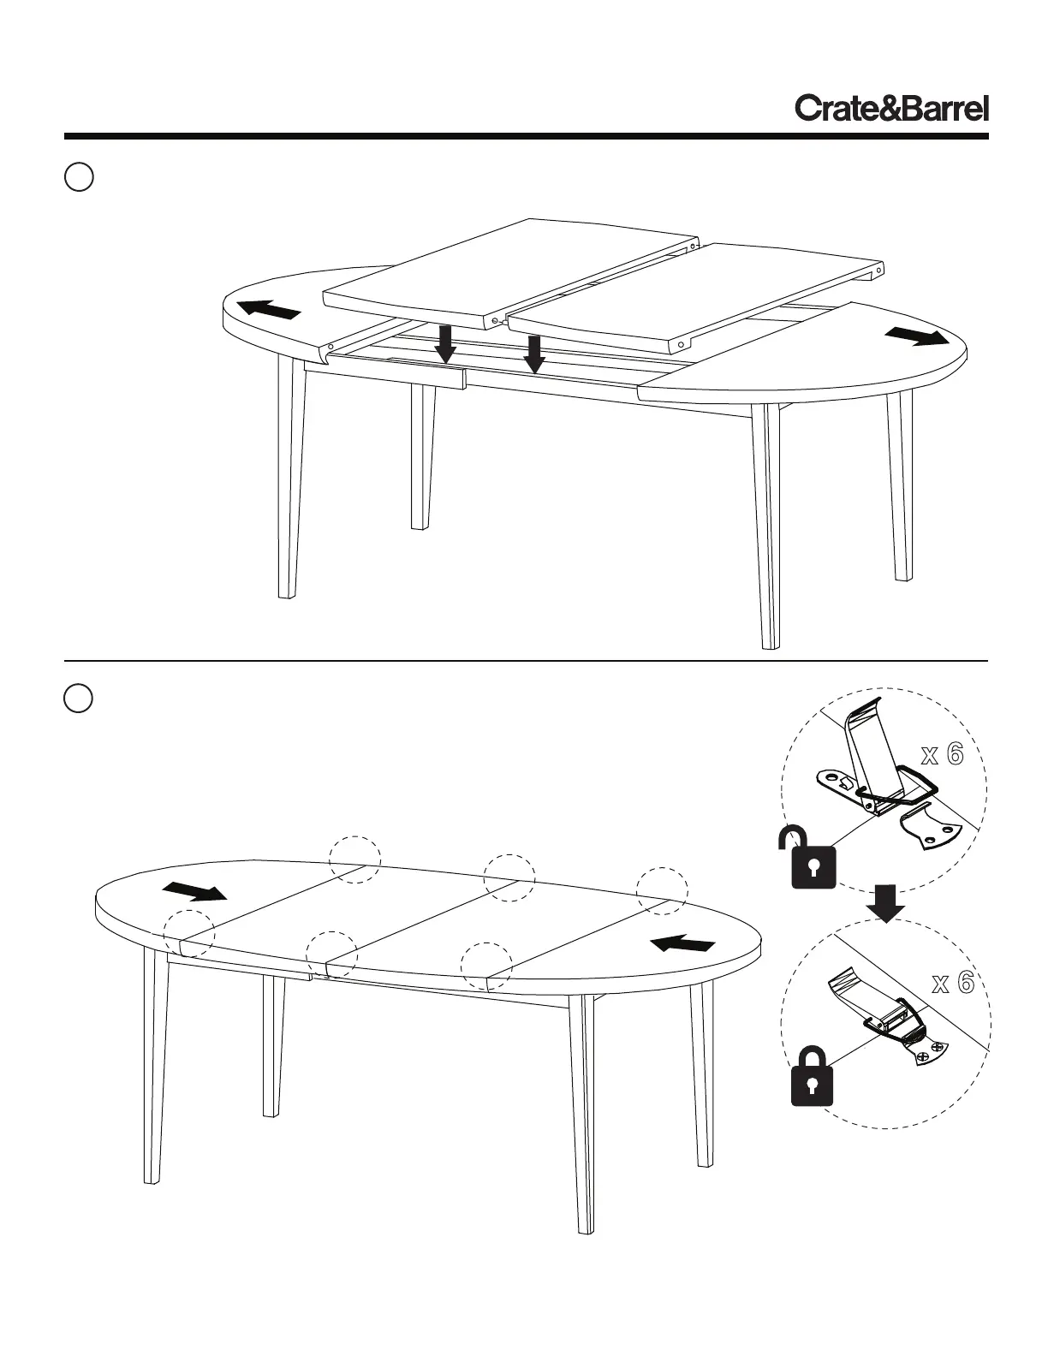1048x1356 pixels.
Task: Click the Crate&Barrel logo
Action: point(891,109)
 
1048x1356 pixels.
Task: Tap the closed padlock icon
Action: point(812,1076)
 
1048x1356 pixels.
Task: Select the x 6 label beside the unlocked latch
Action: point(942,755)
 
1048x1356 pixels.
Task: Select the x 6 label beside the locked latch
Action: point(952,984)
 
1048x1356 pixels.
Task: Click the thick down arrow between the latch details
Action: point(886,904)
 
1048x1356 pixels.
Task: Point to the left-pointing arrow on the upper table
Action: point(269,310)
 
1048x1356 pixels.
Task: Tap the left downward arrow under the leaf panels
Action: point(445,343)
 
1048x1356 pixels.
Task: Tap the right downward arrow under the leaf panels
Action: point(534,354)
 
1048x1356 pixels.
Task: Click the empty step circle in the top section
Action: point(79,177)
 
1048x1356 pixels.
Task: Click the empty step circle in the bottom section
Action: point(79,698)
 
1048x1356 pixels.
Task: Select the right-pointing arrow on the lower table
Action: point(194,892)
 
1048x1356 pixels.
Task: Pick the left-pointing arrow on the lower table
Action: point(682,943)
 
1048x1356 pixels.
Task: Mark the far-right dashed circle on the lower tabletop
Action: point(662,889)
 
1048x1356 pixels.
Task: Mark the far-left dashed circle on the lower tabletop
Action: point(188,933)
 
